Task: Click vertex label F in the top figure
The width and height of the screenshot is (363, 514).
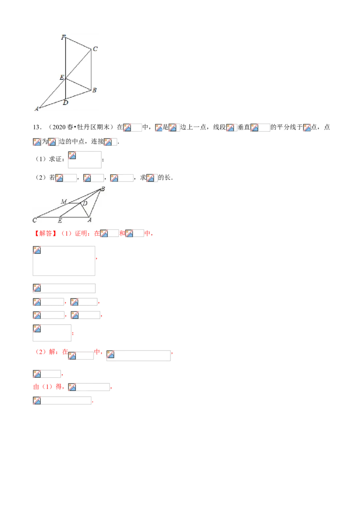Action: point(63,37)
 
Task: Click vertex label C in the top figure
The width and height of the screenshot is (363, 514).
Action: point(95,49)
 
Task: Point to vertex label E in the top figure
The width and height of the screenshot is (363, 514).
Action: point(62,78)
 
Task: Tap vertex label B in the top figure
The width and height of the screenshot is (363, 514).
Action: point(94,90)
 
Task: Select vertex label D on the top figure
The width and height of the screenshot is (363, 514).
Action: point(65,103)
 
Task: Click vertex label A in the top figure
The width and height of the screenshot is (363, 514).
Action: point(36,109)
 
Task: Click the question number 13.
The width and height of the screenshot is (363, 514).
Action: point(37,127)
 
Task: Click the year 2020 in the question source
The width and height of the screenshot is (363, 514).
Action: point(59,127)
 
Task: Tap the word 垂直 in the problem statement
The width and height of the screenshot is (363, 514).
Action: point(244,127)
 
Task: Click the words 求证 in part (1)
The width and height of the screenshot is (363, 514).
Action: point(55,159)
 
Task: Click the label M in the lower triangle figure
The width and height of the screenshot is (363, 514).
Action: point(64,202)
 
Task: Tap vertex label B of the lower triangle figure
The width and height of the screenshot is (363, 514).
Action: point(103,189)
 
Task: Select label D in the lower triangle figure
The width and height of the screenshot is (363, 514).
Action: point(85,203)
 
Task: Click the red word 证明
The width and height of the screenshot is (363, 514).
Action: point(81,233)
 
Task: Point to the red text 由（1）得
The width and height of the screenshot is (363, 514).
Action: point(48,387)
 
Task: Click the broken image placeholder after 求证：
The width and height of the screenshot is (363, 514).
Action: point(84,160)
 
